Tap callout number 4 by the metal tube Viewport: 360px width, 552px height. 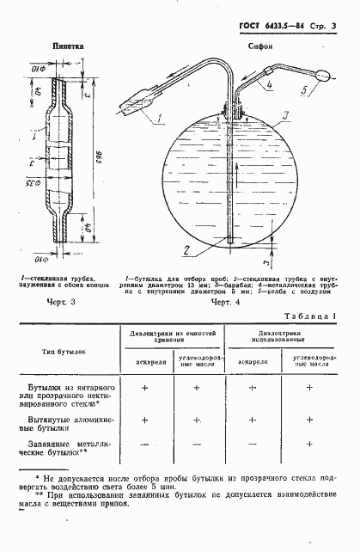(x=269, y=84)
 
